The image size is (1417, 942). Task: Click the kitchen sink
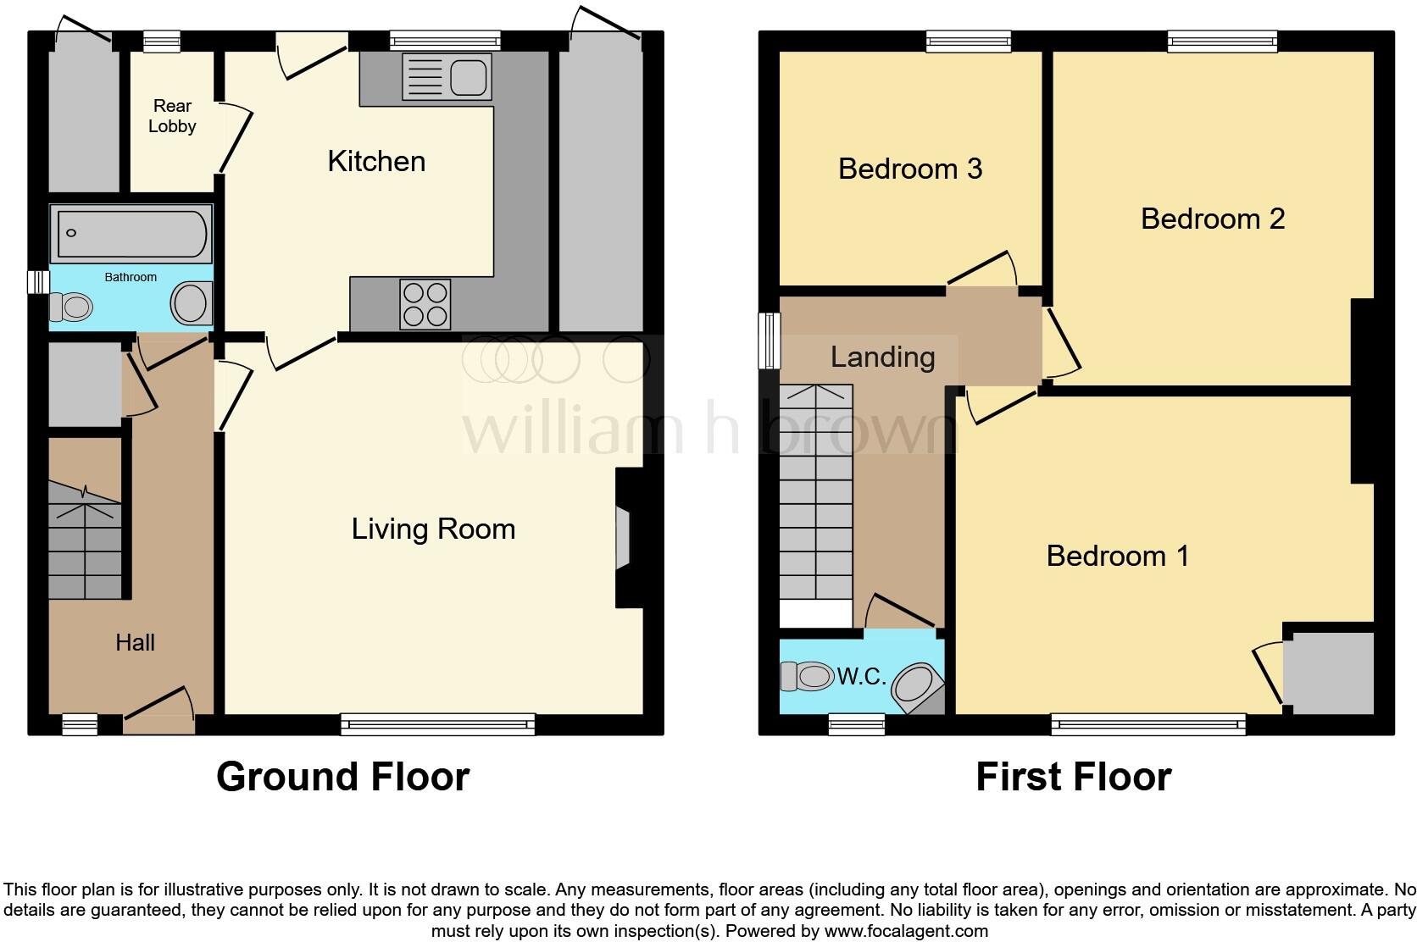[x=447, y=77]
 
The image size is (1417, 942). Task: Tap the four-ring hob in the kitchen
[x=425, y=304]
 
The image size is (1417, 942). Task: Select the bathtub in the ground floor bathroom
[x=131, y=233]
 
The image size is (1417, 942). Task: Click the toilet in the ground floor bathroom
[x=71, y=308]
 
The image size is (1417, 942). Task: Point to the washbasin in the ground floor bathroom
[x=191, y=303]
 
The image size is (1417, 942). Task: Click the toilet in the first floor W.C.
[x=807, y=677]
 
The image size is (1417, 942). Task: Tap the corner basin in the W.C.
[x=917, y=686]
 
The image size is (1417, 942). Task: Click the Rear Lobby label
[x=172, y=116]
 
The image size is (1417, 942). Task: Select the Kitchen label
[x=376, y=161]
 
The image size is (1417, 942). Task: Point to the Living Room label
[x=433, y=529]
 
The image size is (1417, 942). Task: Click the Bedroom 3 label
[x=910, y=169]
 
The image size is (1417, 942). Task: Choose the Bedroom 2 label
[x=1213, y=219]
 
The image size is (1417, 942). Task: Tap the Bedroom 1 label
[x=1118, y=557]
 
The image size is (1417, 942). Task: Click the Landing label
[x=882, y=357]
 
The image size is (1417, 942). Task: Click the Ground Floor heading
[x=343, y=776]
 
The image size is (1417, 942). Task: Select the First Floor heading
[x=1074, y=776]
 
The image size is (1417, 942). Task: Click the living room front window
[x=438, y=724]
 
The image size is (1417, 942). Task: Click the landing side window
[x=770, y=341]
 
